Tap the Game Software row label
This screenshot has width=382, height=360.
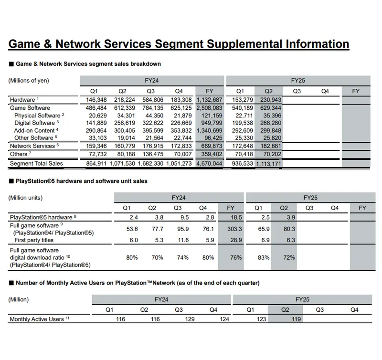[x=30, y=108]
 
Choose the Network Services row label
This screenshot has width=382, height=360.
[x=32, y=146]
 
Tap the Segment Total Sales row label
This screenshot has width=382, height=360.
[x=36, y=164]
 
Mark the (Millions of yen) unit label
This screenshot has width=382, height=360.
[x=29, y=80]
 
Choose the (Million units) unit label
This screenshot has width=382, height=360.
[x=26, y=198]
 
